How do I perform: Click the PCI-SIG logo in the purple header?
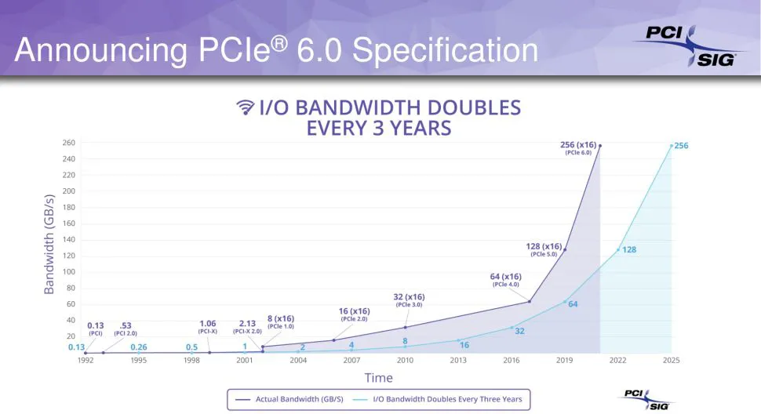point(688,46)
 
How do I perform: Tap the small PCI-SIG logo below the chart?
point(646,399)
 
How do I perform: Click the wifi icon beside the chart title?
point(246,107)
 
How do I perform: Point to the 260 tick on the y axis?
point(69,143)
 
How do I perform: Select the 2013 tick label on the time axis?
point(458,360)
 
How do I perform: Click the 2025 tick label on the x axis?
point(672,360)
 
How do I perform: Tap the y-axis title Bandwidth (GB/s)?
point(49,245)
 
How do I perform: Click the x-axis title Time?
point(379,378)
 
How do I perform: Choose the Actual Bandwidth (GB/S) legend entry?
point(289,399)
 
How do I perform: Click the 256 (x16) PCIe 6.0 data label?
point(578,148)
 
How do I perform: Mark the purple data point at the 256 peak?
point(600,145)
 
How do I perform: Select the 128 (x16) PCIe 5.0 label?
point(544,249)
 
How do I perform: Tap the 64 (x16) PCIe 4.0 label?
point(506,280)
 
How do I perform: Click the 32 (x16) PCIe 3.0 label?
point(409,300)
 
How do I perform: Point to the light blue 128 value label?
point(629,249)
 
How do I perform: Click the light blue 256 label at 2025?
point(682,145)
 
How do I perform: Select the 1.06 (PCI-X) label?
point(208,327)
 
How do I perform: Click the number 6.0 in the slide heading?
point(319,50)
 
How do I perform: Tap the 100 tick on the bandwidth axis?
point(69,271)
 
